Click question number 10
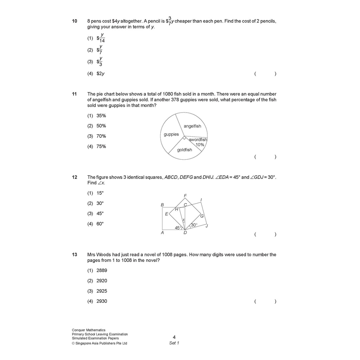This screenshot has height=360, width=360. [x=75, y=21]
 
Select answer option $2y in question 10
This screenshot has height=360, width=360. [x=101, y=74]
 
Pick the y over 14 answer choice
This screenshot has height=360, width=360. [x=101, y=38]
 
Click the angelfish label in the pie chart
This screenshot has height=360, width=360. [x=192, y=126]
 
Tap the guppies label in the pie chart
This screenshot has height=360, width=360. [x=171, y=134]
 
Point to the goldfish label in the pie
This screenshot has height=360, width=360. [x=185, y=150]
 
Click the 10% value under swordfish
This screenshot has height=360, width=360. [x=200, y=144]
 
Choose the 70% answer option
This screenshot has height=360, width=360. [x=101, y=136]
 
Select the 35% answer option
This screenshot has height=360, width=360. [x=101, y=116]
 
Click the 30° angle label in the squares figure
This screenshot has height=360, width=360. [x=194, y=225]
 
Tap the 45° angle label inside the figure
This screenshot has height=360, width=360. [x=178, y=228]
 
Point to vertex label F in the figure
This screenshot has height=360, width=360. [x=185, y=195]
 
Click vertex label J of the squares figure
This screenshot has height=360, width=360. [x=207, y=226]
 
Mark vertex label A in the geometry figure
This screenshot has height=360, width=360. [x=162, y=232]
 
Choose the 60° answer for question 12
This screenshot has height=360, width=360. [x=100, y=224]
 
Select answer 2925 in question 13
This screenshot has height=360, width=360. [x=102, y=291]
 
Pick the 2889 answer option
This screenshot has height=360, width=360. [x=102, y=270]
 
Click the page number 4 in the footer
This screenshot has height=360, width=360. [x=174, y=337]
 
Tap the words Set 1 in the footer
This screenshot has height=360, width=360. [x=174, y=343]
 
